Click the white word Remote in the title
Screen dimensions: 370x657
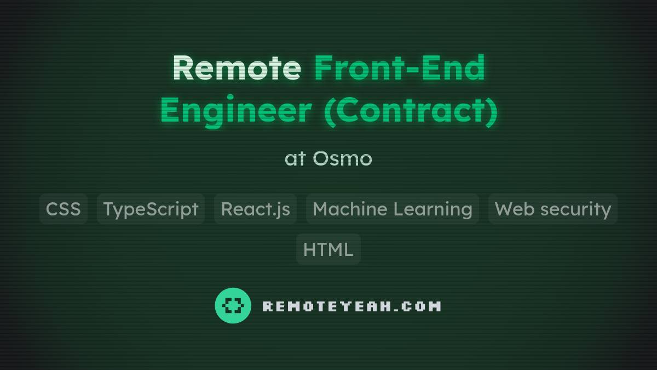(237, 67)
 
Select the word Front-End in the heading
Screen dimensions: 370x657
(400, 67)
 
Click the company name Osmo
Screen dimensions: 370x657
(342, 159)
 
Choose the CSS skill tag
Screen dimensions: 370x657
(64, 209)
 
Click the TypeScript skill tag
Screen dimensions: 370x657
(151, 209)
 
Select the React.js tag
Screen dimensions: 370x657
(255, 209)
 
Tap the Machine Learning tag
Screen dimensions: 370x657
(392, 209)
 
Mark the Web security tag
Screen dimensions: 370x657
(552, 209)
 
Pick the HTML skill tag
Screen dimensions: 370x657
(328, 249)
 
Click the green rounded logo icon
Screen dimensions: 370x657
(233, 305)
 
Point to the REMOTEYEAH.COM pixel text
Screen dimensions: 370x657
(351, 306)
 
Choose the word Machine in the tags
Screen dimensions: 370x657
(347, 209)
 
